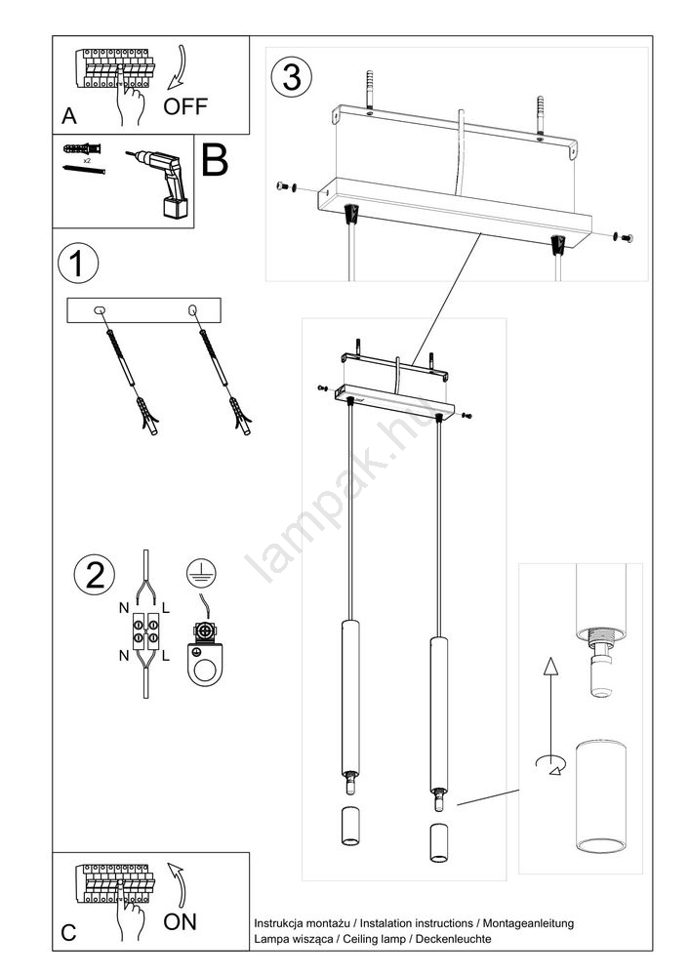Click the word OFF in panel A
184,105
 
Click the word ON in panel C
181,920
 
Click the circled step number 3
292,77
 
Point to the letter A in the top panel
68,116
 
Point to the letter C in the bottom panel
68,933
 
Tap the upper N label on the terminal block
124,607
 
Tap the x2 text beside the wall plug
87,159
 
